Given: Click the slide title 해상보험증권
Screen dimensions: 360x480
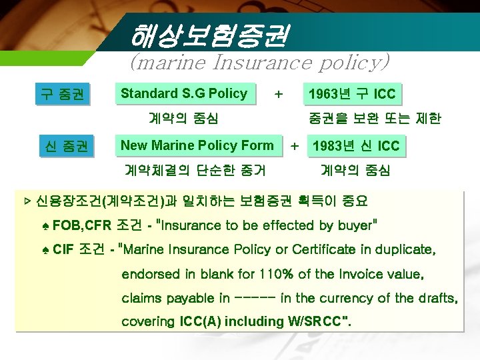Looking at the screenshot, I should click(209, 35).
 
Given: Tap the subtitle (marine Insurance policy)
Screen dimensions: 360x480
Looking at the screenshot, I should click(259, 63).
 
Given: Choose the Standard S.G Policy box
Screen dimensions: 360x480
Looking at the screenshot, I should click(184, 94).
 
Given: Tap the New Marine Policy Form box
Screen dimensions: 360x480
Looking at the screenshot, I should click(197, 145).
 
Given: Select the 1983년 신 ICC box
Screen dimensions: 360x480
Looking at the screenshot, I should click(356, 146).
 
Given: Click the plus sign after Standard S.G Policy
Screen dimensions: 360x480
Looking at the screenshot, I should click(279, 94).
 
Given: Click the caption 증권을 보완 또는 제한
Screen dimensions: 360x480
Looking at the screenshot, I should click(374, 119).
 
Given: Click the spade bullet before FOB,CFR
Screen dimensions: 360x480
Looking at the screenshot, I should click(45, 225).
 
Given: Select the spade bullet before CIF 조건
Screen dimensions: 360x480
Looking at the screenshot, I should click(45, 249).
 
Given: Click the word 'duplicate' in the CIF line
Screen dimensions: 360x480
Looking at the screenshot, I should click(406, 249).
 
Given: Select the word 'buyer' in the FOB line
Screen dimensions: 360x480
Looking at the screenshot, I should click(355, 225).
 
